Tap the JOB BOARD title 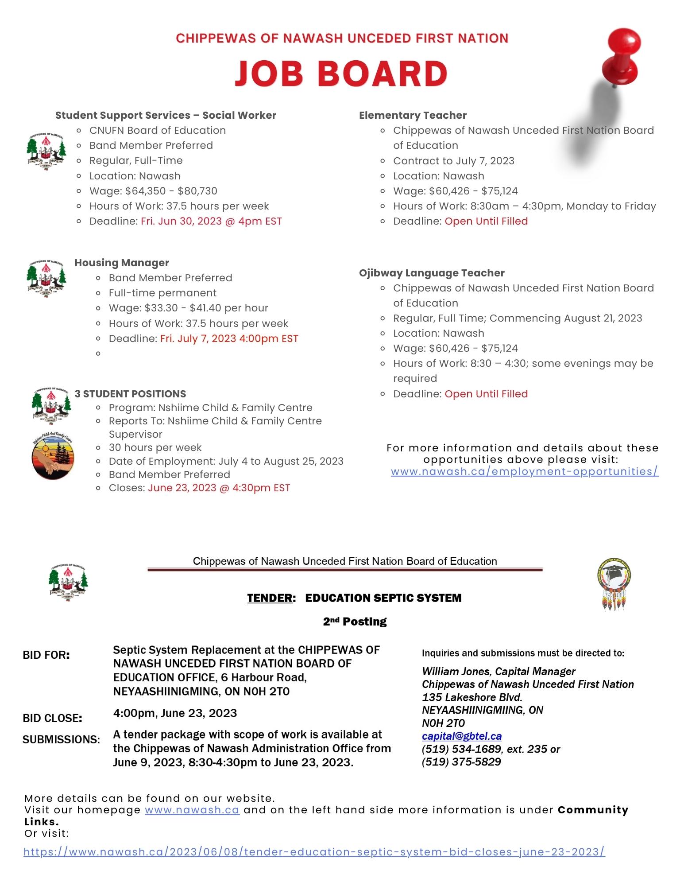(341, 73)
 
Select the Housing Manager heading (122, 263)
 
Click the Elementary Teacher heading (413, 115)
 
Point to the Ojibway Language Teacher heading (432, 273)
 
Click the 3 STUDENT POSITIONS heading (130, 394)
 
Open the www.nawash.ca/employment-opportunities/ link (525, 471)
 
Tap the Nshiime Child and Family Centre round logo (53, 457)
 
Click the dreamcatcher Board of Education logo (614, 585)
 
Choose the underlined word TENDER (270, 598)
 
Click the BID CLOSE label (52, 718)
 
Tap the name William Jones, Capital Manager (499, 672)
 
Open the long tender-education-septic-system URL (314, 851)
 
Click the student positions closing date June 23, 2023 (219, 488)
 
